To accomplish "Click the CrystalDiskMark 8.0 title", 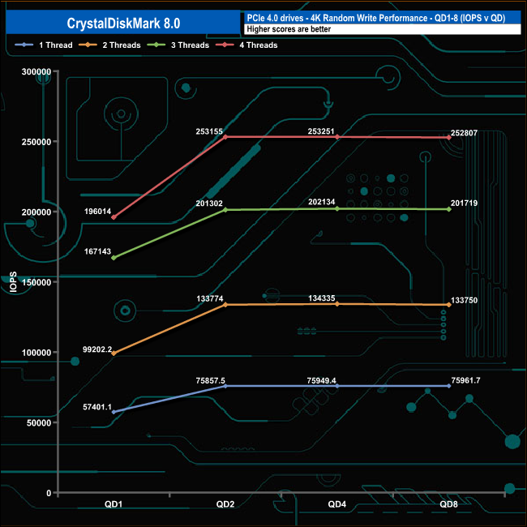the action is [x=123, y=24].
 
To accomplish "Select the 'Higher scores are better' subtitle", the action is [x=289, y=29].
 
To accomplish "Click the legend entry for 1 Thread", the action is [x=44, y=45].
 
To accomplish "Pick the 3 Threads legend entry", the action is [x=178, y=45].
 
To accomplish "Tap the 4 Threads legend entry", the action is [x=246, y=45].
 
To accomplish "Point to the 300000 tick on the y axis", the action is [x=36, y=71].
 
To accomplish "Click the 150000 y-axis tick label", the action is [x=36, y=282].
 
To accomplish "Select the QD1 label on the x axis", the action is [x=114, y=504].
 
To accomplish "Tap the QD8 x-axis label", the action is [x=448, y=504].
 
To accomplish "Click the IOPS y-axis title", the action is [x=13, y=282].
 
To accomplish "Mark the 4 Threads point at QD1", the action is [x=114, y=217].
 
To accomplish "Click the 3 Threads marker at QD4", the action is [x=337, y=208].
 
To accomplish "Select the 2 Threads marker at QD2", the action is [x=225, y=305].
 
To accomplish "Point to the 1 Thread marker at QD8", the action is [x=449, y=386].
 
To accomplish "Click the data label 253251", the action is [x=321, y=131].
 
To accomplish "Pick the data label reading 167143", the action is [x=97, y=251].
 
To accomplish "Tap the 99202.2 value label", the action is [x=97, y=349].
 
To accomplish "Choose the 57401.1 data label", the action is [x=97, y=407].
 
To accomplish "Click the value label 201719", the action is [x=464, y=203].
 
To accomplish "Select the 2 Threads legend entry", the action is [x=110, y=45].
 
